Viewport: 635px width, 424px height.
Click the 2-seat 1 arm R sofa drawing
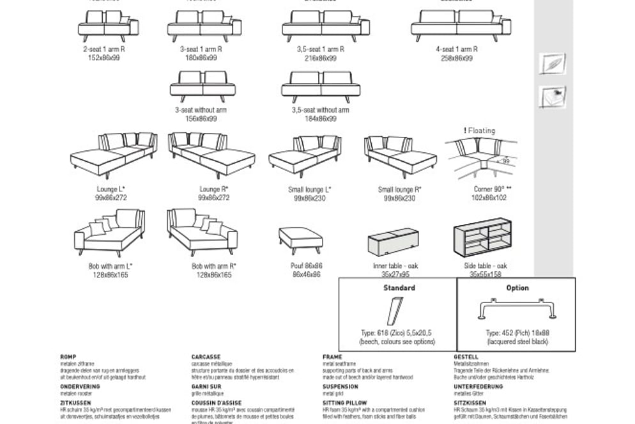[108, 26]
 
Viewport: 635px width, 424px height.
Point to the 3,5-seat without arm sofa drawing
[320, 86]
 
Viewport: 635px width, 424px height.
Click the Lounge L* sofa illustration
[113, 155]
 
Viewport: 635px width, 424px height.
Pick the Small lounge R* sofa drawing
[400, 155]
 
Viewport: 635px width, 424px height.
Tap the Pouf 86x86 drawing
[300, 239]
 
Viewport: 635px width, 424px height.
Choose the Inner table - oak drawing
[394, 242]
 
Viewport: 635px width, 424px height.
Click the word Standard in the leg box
[399, 288]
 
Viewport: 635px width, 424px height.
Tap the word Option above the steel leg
[517, 288]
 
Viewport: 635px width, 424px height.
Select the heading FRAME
[332, 357]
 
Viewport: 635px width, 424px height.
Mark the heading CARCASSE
[206, 357]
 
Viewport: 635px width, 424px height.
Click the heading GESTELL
[466, 357]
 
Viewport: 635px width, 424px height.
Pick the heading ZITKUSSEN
[75, 403]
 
